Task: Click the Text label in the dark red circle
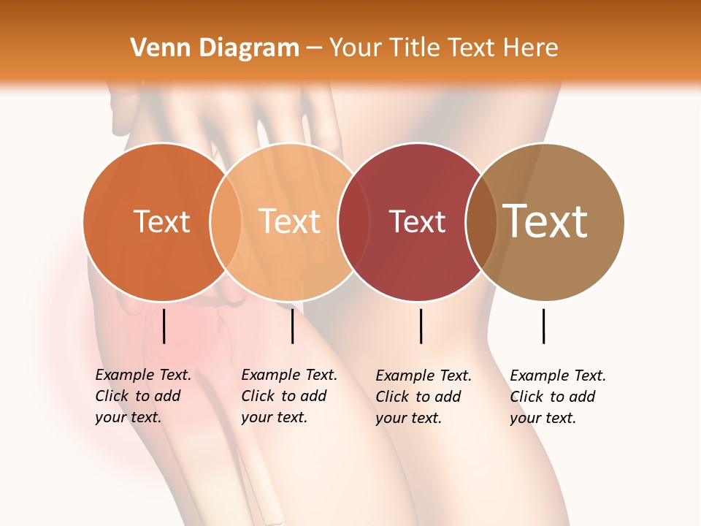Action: pyautogui.click(x=417, y=222)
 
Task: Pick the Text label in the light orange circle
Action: pyautogui.click(x=290, y=221)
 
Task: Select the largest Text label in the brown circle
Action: pyautogui.click(x=545, y=221)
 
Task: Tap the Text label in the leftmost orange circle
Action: pyautogui.click(x=162, y=221)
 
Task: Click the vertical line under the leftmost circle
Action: pyautogui.click(x=164, y=326)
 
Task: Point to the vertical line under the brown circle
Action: pyautogui.click(x=543, y=326)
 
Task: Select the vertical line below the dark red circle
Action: pyautogui.click(x=421, y=326)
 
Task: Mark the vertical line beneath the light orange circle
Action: pyautogui.click(x=292, y=326)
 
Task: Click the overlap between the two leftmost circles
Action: pyautogui.click(x=226, y=221)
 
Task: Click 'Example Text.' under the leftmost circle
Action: pyautogui.click(x=143, y=375)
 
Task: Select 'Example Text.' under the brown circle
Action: pyautogui.click(x=558, y=376)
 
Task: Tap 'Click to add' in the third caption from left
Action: pyautogui.click(x=418, y=397)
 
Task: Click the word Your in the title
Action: pyautogui.click(x=353, y=48)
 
